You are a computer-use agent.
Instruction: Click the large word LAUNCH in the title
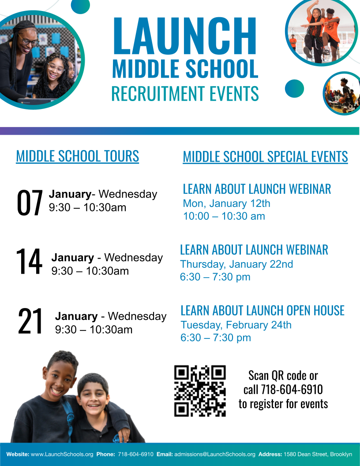pyautogui.click(x=185, y=36)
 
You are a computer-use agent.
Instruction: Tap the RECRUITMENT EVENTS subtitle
pyautogui.click(x=185, y=94)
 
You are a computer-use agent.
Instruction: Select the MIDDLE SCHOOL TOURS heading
pyautogui.click(x=77, y=156)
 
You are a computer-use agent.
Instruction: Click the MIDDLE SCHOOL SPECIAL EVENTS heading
pyautogui.click(x=265, y=157)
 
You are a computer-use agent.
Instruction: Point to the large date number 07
pyautogui.click(x=30, y=203)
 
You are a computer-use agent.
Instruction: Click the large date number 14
pyautogui.click(x=29, y=262)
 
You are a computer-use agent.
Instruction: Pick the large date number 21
pyautogui.click(x=30, y=322)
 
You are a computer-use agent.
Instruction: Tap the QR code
pyautogui.click(x=200, y=391)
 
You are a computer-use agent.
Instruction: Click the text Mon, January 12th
pyautogui.click(x=226, y=203)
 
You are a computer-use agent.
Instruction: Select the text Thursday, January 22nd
pyautogui.click(x=236, y=264)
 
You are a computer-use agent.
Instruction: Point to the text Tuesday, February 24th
pyautogui.click(x=236, y=325)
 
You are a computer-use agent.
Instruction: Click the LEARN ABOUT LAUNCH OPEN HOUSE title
pyautogui.click(x=262, y=310)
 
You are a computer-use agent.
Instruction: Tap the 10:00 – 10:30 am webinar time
pyautogui.click(x=224, y=216)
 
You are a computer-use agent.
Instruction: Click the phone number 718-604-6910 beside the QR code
pyautogui.click(x=292, y=390)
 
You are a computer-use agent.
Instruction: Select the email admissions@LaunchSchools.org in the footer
pyautogui.click(x=215, y=454)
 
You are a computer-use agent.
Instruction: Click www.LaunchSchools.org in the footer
pyautogui.click(x=62, y=454)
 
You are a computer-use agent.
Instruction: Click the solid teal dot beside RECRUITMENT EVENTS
pyautogui.click(x=294, y=88)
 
